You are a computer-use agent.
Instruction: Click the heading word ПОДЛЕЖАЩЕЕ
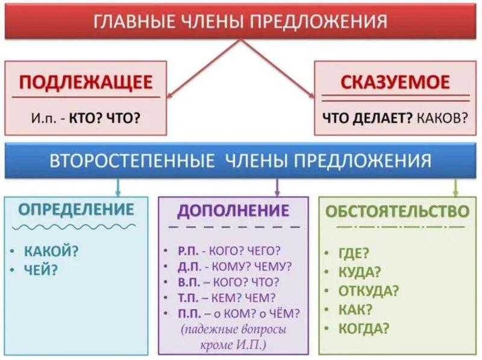(86, 82)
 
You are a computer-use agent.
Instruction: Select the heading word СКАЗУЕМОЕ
(395, 82)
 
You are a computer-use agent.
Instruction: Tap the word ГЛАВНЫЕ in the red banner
(134, 22)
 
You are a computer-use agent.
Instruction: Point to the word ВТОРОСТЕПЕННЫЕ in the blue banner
(132, 160)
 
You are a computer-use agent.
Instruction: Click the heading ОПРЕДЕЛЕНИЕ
(77, 209)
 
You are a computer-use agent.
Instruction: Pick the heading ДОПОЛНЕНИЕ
(233, 211)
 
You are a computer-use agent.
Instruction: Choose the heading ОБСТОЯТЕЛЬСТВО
(397, 211)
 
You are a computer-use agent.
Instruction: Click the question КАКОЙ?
(51, 251)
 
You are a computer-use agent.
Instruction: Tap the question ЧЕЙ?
(41, 270)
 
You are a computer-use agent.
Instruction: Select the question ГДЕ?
(354, 253)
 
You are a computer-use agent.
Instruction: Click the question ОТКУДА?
(369, 291)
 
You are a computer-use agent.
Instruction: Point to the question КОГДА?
(364, 328)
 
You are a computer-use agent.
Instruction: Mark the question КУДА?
(360, 272)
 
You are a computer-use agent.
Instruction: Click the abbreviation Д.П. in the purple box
(189, 267)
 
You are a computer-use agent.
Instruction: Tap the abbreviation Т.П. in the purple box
(189, 297)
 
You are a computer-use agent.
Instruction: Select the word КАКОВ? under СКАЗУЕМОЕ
(442, 117)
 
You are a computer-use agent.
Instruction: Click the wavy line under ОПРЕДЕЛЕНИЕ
(74, 227)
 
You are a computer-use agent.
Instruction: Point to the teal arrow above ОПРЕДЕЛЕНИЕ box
(118, 187)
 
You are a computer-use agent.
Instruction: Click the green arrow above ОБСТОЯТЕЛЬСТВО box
(456, 187)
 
